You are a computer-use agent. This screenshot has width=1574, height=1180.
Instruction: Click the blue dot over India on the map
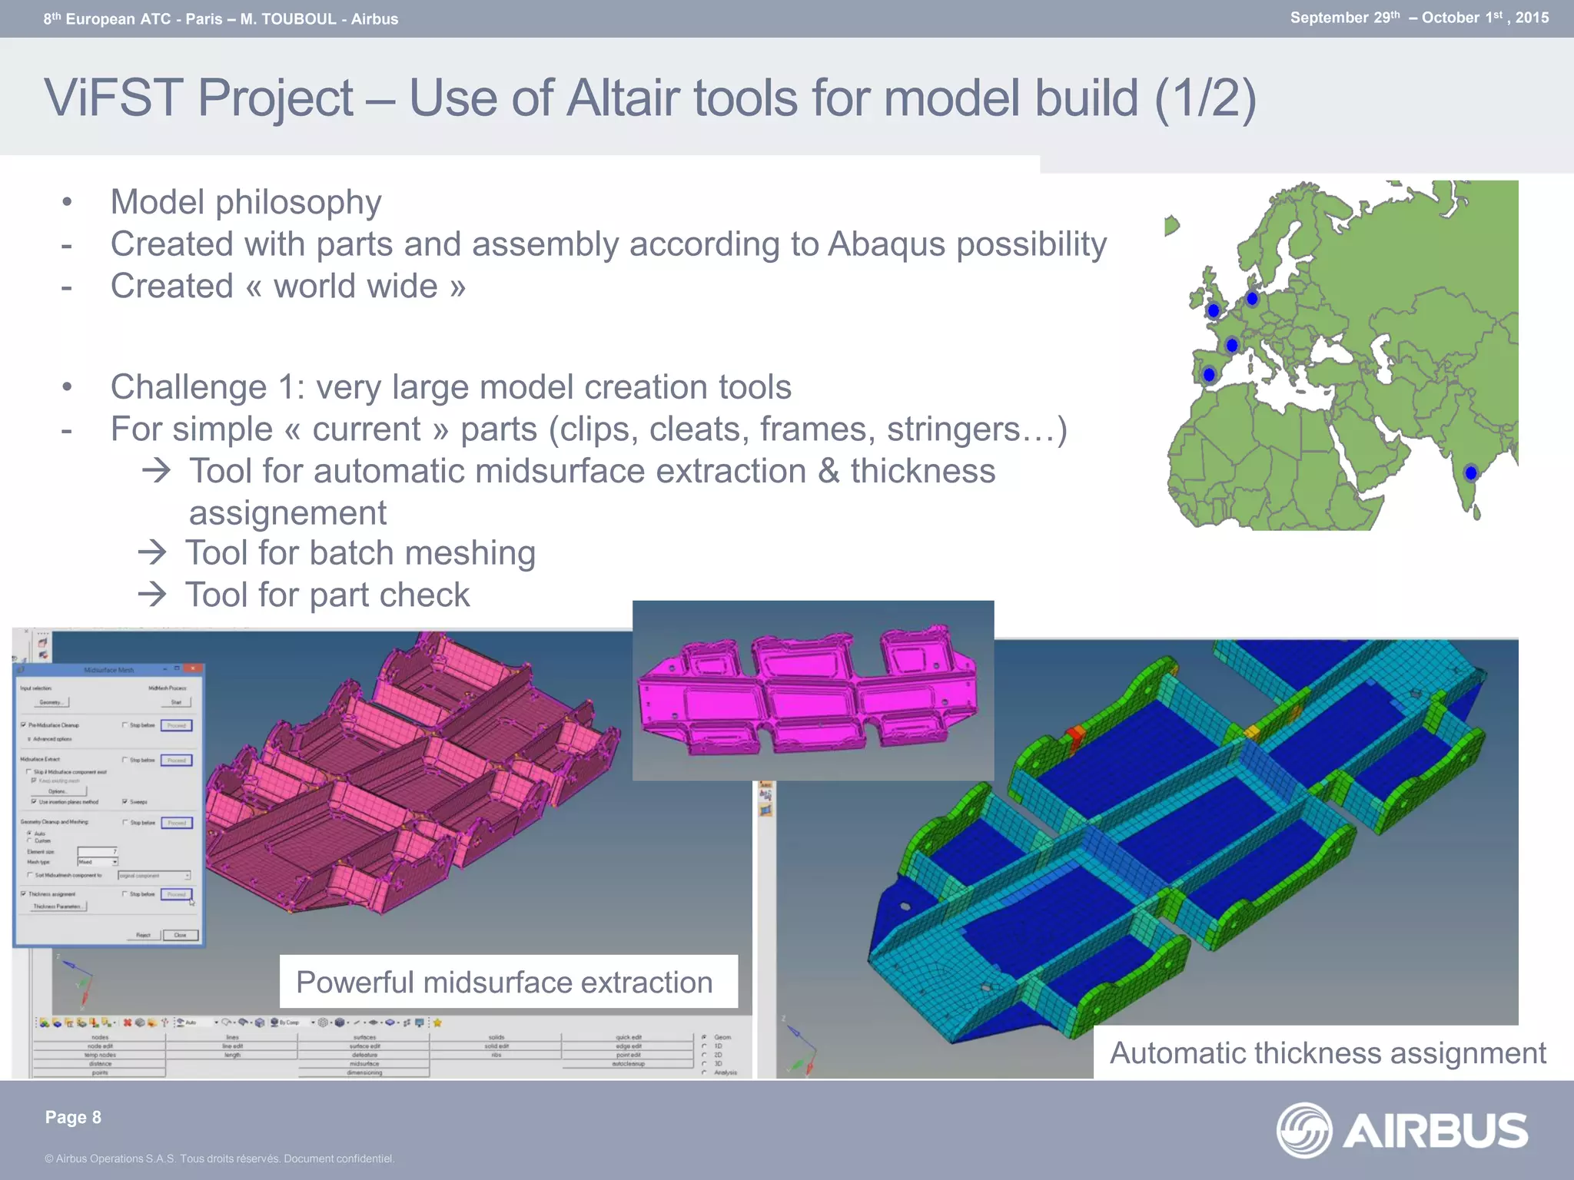pyautogui.click(x=1471, y=473)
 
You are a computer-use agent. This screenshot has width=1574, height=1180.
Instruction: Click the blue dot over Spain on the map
pyautogui.click(x=1209, y=375)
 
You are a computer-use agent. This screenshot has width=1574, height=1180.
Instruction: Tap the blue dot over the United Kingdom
pyautogui.click(x=1214, y=311)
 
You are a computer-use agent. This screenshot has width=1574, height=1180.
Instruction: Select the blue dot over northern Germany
pyautogui.click(x=1252, y=298)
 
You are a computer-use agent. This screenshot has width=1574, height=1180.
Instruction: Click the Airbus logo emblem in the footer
pyautogui.click(x=1303, y=1130)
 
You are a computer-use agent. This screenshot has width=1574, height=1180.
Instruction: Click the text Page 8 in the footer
pyautogui.click(x=73, y=1117)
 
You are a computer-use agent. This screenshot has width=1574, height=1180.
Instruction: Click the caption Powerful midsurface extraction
pyautogui.click(x=504, y=983)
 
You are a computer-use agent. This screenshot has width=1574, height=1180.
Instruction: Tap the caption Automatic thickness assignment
pyautogui.click(x=1327, y=1053)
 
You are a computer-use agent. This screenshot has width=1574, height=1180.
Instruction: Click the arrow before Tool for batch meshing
pyautogui.click(x=152, y=552)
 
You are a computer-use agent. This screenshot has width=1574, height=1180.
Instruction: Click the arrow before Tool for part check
pyautogui.click(x=152, y=594)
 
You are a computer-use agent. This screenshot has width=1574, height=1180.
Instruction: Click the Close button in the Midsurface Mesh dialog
pyautogui.click(x=181, y=935)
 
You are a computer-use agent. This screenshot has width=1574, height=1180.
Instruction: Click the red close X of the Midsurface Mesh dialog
pyautogui.click(x=194, y=669)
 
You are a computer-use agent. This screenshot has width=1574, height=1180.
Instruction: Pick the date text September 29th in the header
pyautogui.click(x=1345, y=18)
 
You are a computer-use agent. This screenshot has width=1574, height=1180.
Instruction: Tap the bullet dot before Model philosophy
pyautogui.click(x=68, y=203)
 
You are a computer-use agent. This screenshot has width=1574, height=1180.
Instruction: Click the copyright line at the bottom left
pyautogui.click(x=219, y=1158)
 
